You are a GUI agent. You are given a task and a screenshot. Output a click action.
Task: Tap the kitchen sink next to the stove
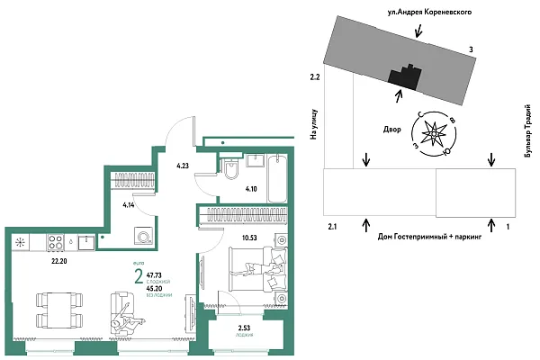coord(84,241)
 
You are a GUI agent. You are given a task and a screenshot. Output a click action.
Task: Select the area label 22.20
coord(59,261)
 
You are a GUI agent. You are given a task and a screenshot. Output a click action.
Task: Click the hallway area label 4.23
coord(183,166)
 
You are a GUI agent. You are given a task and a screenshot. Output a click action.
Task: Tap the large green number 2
coord(139,276)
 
